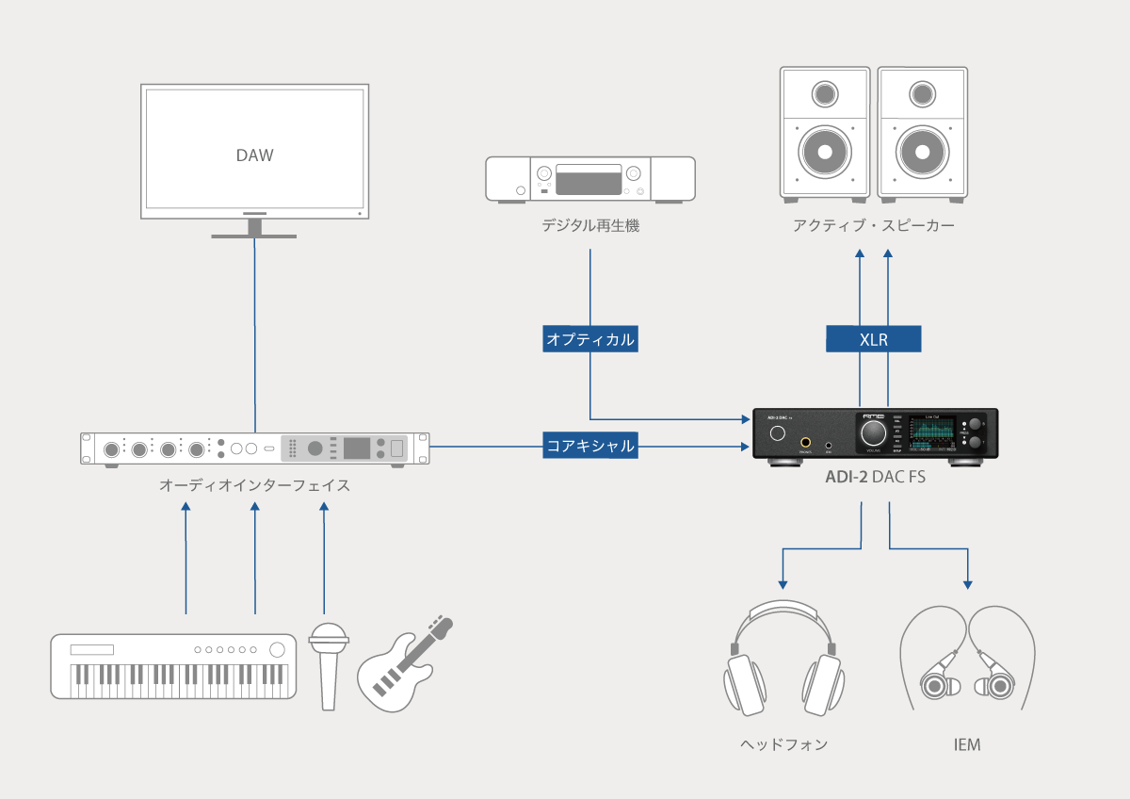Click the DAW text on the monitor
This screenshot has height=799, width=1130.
tap(254, 155)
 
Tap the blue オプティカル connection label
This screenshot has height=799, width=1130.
tap(590, 339)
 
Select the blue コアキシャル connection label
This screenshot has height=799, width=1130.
tap(590, 445)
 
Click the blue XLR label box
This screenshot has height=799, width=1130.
tap(873, 339)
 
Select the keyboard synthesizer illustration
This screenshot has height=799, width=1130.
tap(173, 665)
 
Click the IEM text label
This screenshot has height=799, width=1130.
tap(967, 745)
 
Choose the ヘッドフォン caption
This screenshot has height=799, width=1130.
tap(783, 745)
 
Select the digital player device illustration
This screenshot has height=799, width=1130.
tap(590, 179)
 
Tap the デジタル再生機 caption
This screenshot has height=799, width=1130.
tap(590, 226)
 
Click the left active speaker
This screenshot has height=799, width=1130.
tap(824, 132)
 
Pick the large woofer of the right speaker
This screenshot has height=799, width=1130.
tap(921, 151)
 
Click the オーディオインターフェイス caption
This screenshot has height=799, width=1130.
tap(254, 486)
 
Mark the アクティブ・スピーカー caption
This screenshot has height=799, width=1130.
tap(873, 226)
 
